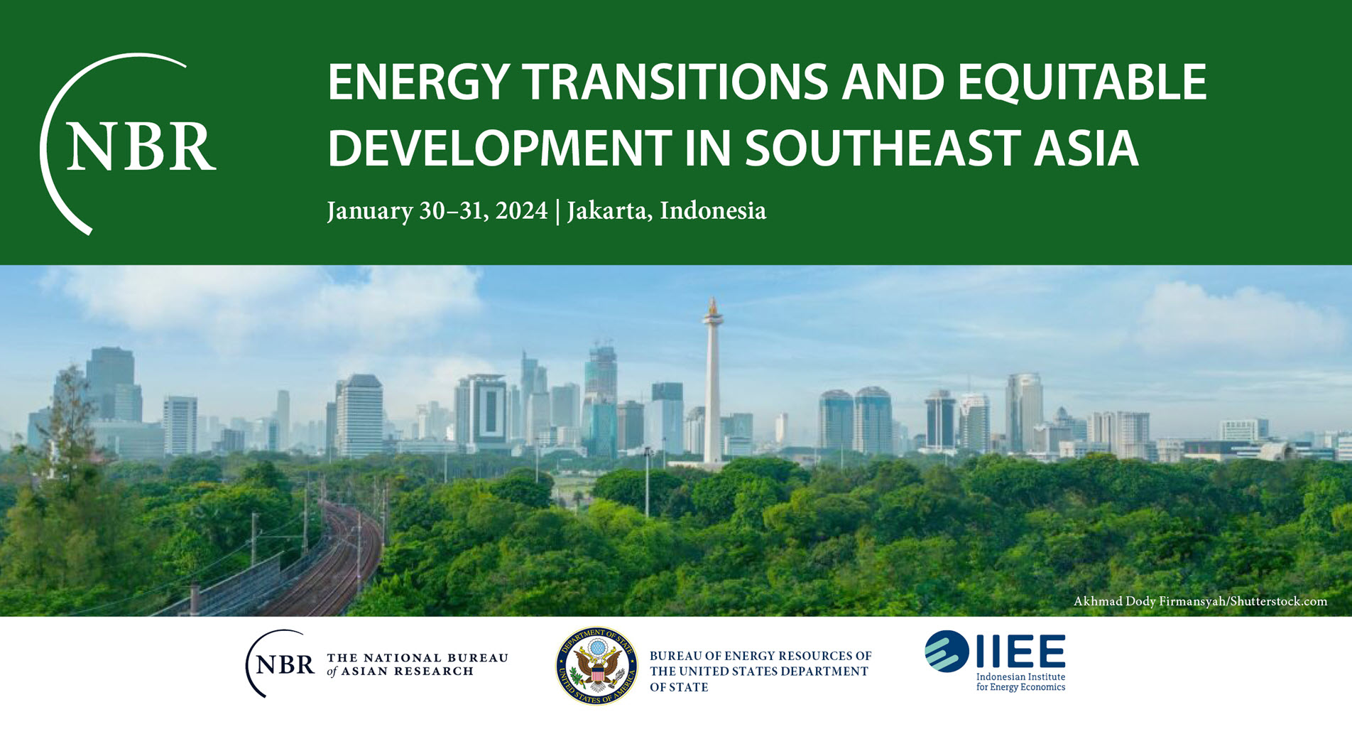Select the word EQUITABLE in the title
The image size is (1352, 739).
click(1081, 82)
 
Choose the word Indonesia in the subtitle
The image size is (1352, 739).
click(713, 210)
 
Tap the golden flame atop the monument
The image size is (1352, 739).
click(713, 307)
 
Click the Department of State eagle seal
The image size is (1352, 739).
click(596, 666)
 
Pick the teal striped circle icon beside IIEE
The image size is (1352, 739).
click(947, 651)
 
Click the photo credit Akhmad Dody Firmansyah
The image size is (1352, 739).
click(1150, 601)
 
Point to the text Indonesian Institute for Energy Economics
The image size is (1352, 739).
click(1020, 682)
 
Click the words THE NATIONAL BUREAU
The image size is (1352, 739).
click(418, 658)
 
